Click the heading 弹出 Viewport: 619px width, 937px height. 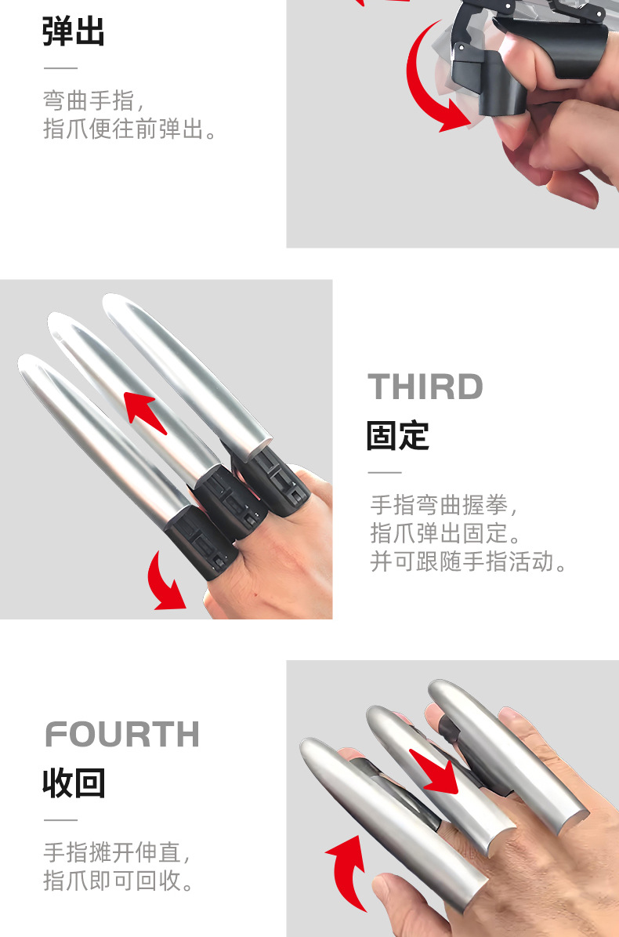click(x=74, y=33)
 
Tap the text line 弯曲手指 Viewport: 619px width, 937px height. click(x=93, y=100)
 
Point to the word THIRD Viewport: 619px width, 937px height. click(x=425, y=387)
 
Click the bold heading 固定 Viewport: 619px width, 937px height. click(x=398, y=436)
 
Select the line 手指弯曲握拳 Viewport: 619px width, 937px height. click(x=445, y=503)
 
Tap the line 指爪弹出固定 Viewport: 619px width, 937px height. click(x=445, y=532)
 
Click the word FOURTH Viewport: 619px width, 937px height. click(x=122, y=735)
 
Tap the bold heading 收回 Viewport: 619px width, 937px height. click(x=74, y=783)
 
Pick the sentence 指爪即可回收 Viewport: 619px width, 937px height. click(x=118, y=880)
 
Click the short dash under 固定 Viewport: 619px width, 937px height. click(x=384, y=473)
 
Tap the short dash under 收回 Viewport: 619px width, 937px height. click(x=60, y=820)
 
